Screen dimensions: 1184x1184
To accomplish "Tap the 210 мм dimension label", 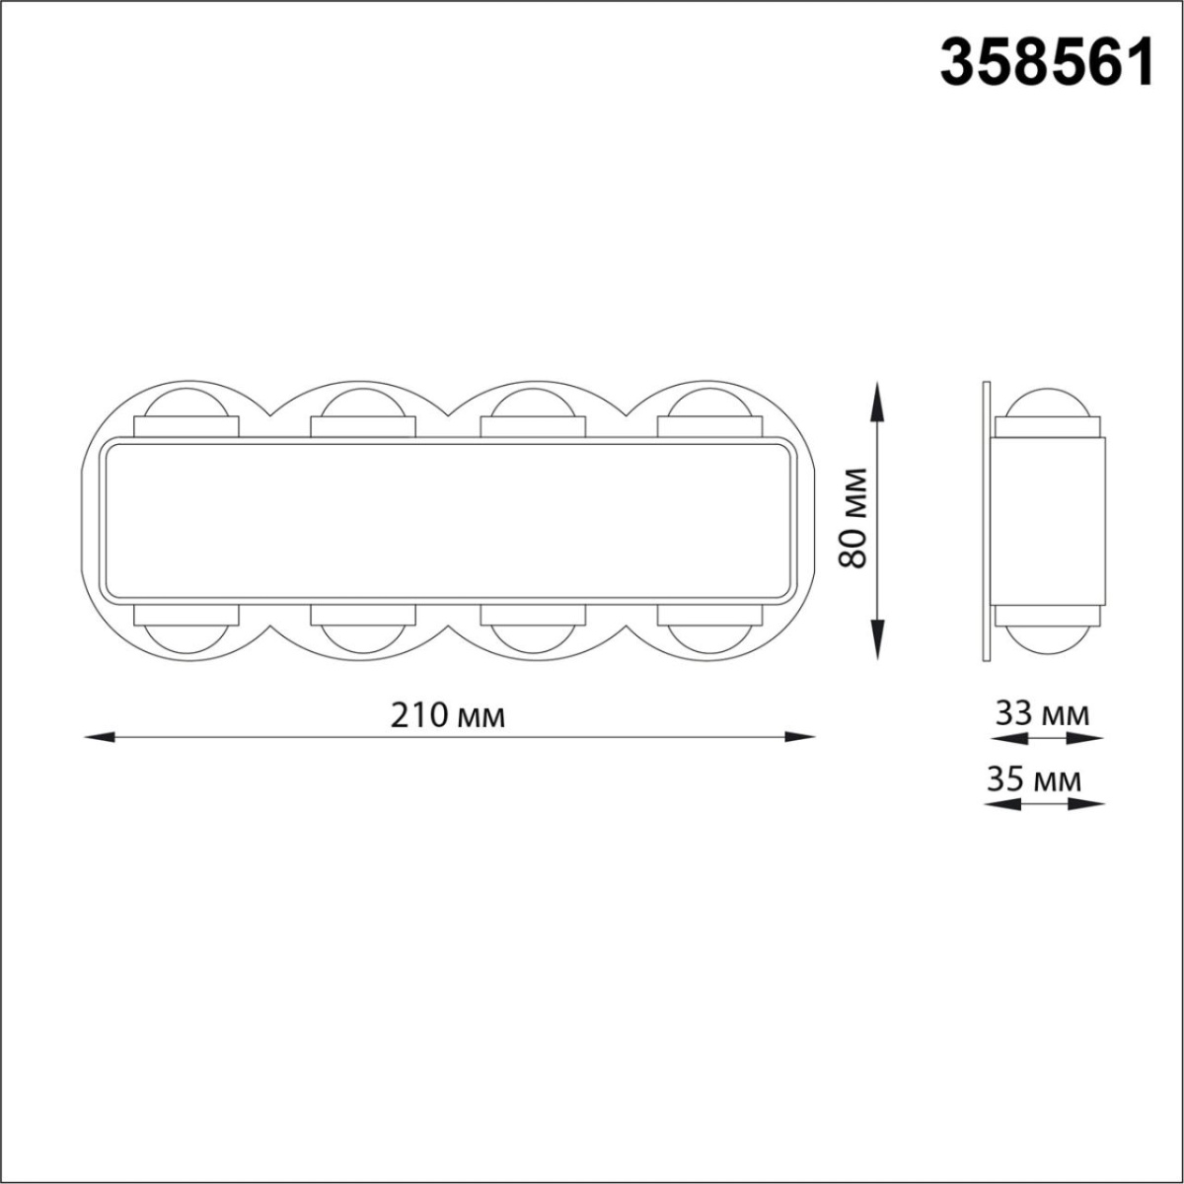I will tap(448, 715).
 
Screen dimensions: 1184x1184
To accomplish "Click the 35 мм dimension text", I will tap(1033, 780).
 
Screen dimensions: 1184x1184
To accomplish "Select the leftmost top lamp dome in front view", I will tap(186, 406).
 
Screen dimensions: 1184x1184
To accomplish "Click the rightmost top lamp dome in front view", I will tap(709, 406).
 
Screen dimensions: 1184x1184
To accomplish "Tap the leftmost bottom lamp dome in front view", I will tap(186, 636).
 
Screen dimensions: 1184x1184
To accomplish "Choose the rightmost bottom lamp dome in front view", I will tap(709, 636).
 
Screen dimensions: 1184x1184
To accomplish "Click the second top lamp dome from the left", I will tap(362, 406).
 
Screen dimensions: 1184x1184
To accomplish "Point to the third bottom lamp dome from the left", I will tap(533, 636).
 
